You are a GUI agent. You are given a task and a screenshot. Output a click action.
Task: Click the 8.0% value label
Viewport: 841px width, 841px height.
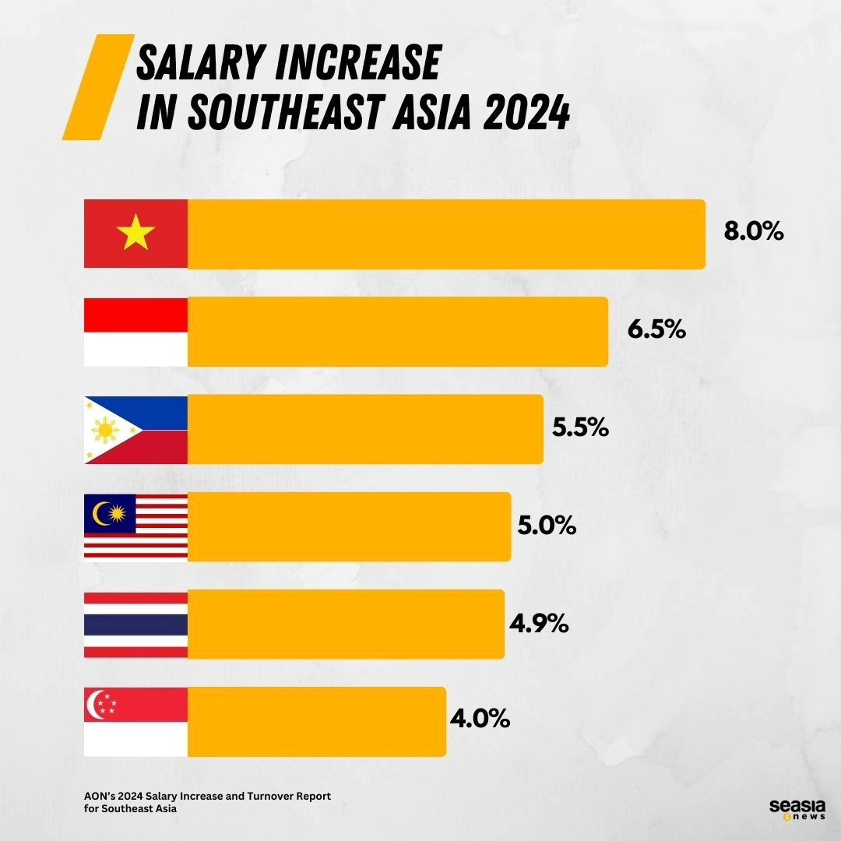(753, 232)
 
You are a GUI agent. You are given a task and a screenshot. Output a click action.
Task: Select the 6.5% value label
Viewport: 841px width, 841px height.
(656, 329)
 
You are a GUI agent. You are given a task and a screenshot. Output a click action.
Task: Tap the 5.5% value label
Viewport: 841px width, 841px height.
(580, 428)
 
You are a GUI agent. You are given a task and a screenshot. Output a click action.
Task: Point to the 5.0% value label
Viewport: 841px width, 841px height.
(547, 526)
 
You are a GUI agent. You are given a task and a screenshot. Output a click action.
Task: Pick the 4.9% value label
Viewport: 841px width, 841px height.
(539, 624)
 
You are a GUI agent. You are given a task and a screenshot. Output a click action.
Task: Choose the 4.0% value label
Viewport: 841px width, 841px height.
(480, 719)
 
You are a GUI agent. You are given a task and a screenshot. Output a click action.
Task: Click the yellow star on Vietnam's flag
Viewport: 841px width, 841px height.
(135, 234)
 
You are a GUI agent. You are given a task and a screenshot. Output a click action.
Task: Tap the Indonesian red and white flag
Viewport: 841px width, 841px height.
(135, 332)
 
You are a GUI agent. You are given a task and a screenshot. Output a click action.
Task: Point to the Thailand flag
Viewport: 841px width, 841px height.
(135, 625)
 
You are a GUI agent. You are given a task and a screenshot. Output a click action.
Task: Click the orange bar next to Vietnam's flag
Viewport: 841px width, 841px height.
(446, 234)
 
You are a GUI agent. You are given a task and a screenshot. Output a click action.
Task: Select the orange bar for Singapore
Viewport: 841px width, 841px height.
(316, 722)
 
